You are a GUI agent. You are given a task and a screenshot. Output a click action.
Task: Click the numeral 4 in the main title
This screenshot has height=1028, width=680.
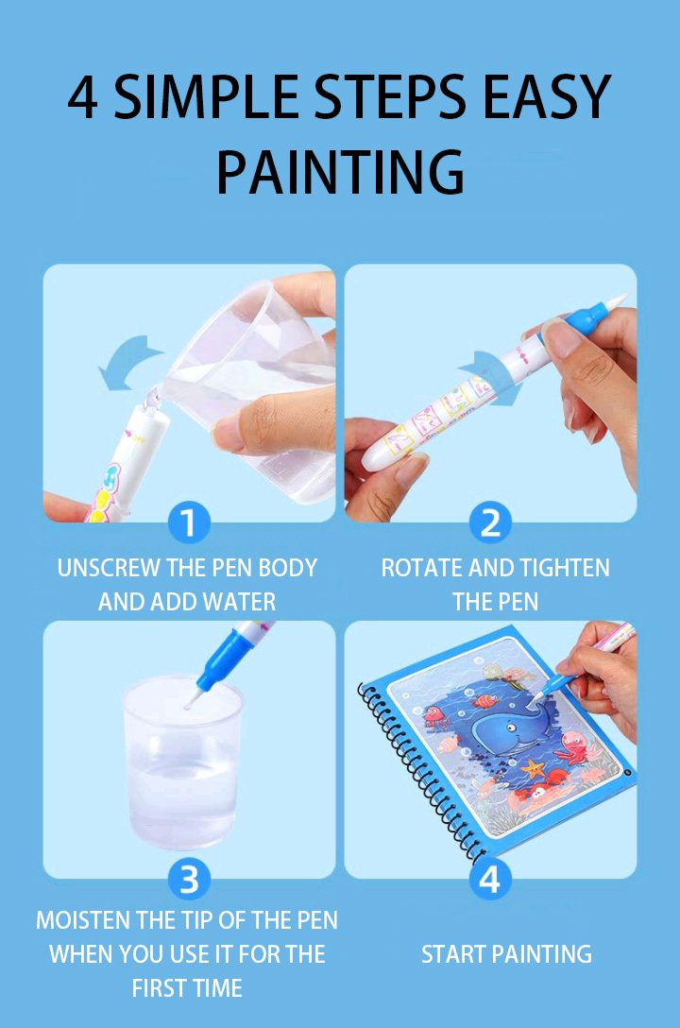click(x=83, y=98)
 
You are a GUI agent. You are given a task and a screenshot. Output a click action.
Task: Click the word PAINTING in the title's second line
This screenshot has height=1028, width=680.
click(x=340, y=171)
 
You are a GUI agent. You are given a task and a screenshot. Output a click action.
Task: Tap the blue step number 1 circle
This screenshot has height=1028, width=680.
click(x=189, y=523)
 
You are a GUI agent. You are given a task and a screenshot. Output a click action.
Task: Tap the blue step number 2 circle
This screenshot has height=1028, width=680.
click(x=490, y=523)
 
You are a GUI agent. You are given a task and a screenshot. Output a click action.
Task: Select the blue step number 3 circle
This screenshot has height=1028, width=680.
click(x=189, y=880)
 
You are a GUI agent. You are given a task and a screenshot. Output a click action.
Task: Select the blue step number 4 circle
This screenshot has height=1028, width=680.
click(x=489, y=880)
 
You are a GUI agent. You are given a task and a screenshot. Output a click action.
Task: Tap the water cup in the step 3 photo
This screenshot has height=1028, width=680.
click(x=184, y=765)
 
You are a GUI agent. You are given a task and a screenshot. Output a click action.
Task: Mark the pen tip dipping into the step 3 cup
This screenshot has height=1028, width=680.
click(x=192, y=701)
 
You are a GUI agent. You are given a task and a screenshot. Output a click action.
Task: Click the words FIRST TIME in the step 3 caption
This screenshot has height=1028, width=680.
click(x=187, y=988)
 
